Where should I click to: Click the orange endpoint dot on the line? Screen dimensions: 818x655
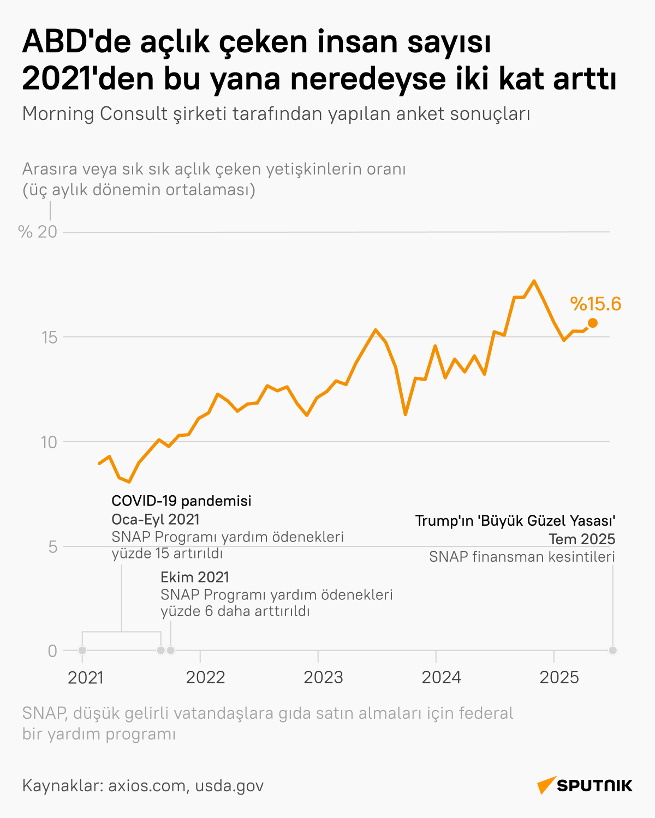pyautogui.click(x=592, y=323)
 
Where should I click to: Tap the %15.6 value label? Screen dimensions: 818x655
pyautogui.click(x=596, y=304)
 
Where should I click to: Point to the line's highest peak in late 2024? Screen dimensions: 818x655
pyautogui.click(x=534, y=281)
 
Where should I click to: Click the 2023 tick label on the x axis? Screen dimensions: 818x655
pyautogui.click(x=323, y=677)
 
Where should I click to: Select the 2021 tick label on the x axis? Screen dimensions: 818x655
pyautogui.click(x=86, y=677)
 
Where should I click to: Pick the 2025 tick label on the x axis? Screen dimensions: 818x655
pyautogui.click(x=559, y=677)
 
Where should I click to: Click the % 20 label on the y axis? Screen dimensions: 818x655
pyautogui.click(x=38, y=232)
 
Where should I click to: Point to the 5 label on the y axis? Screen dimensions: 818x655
pyautogui.click(x=52, y=546)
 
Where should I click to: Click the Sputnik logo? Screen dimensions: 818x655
pyautogui.click(x=585, y=785)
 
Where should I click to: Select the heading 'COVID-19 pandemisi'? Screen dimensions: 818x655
pyautogui.click(x=181, y=501)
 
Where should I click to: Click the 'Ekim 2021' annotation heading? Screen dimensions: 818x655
pyautogui.click(x=195, y=577)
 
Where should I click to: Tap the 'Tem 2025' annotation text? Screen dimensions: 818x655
pyautogui.click(x=582, y=539)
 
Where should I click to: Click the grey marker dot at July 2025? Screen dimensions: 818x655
pyautogui.click(x=613, y=650)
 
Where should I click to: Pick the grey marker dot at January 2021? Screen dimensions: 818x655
pyautogui.click(x=82, y=650)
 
